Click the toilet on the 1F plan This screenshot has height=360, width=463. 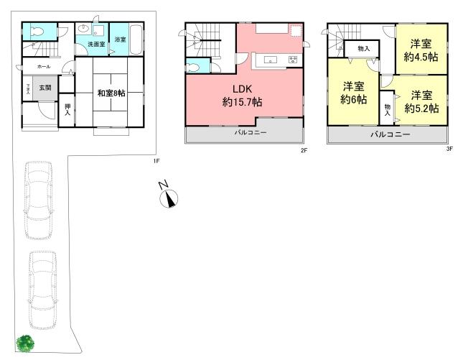[x=37, y=32]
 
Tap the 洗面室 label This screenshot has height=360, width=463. [x=95, y=45]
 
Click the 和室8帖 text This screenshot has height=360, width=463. [x=113, y=92]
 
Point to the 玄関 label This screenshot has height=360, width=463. [x=45, y=88]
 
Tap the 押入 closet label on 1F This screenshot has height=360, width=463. [x=66, y=109]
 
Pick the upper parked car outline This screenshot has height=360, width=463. [x=38, y=199]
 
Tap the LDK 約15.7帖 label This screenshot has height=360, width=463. [x=242, y=96]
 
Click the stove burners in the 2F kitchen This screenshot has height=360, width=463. [x=292, y=59]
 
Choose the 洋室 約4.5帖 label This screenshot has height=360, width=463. [x=421, y=50]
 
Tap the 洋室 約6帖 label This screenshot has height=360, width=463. [x=352, y=93]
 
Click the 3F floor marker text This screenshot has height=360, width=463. [x=450, y=149]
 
